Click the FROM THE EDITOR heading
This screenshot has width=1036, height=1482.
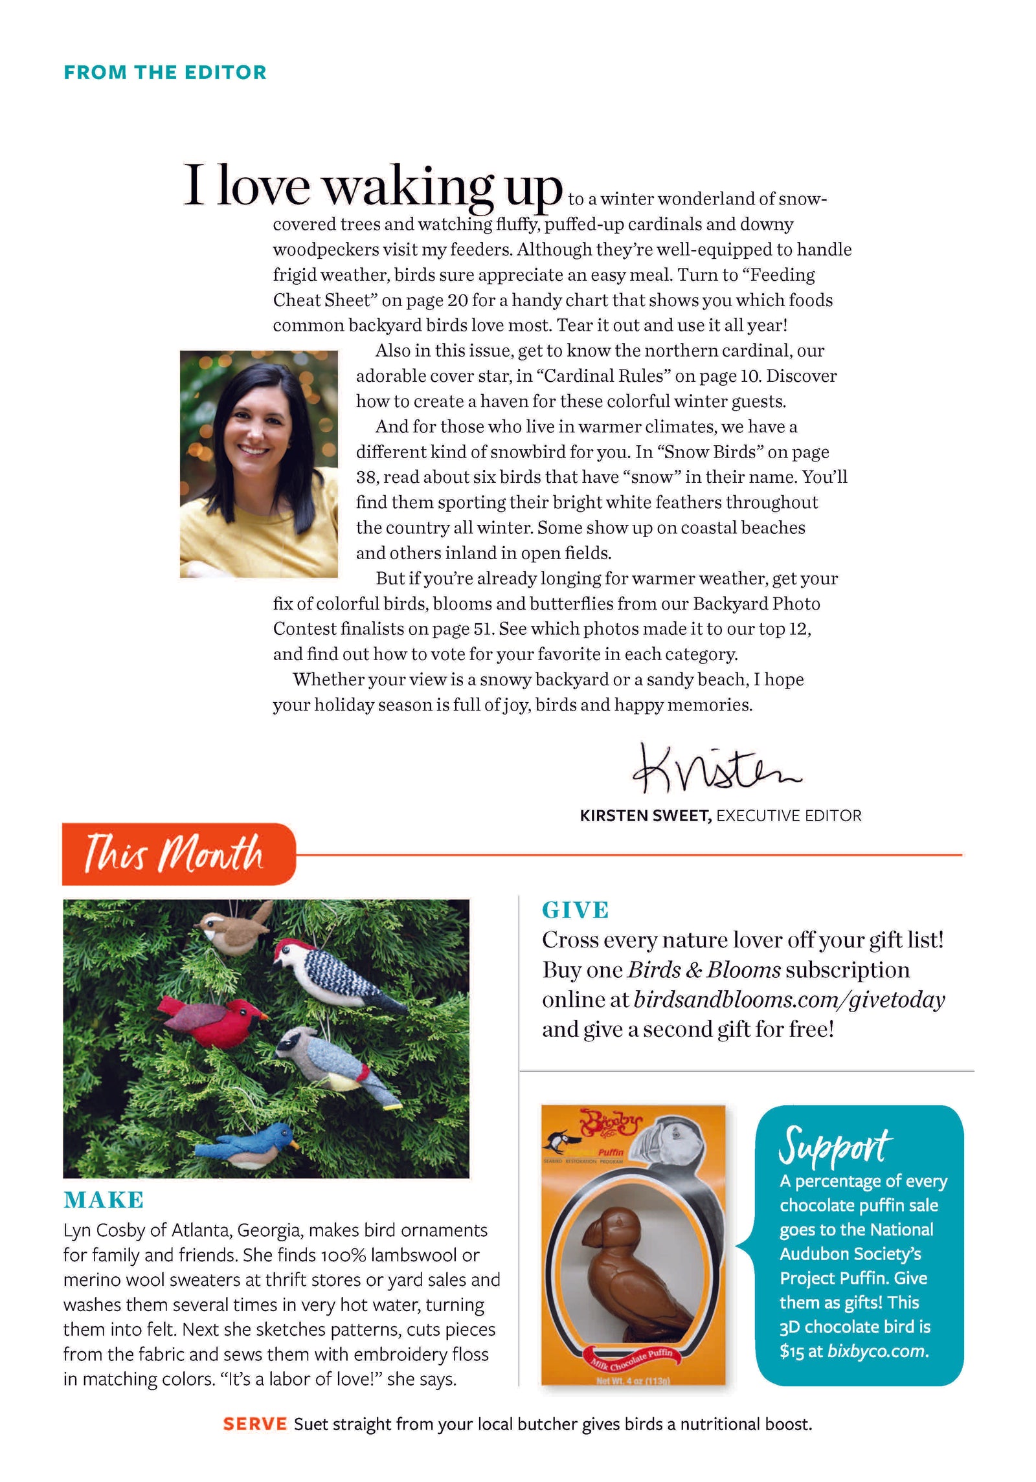[165, 72]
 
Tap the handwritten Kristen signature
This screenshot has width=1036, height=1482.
[716, 771]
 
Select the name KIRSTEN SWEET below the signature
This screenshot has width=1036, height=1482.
[645, 815]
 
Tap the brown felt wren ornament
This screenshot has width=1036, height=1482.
[233, 930]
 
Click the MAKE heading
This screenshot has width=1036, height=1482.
[104, 1200]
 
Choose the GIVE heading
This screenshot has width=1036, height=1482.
[575, 911]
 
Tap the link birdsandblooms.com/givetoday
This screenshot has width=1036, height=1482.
[789, 1000]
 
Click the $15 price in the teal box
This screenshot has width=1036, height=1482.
[791, 1351]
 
